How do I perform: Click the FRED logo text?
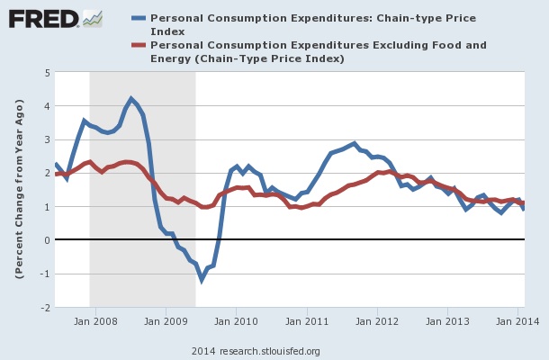coord(40,18)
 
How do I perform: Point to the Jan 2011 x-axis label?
coord(306,319)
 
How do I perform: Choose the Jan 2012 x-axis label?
coord(377,319)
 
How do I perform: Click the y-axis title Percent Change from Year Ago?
coord(19,190)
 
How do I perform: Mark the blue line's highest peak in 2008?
coord(131,99)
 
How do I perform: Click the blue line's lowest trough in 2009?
coord(202,280)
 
